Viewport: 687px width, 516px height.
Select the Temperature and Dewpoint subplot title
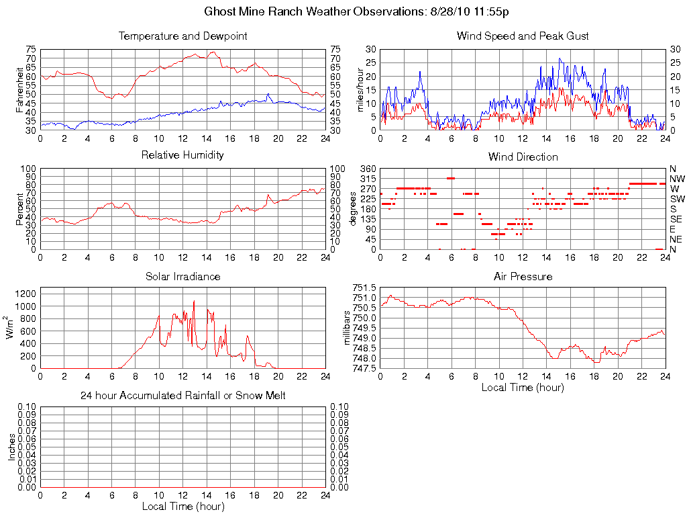[182, 36]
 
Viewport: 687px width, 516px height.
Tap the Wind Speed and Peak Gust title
[523, 36]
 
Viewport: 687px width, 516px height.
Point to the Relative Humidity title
[182, 155]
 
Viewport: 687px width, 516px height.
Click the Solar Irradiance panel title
[182, 276]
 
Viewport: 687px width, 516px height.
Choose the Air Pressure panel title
[523, 276]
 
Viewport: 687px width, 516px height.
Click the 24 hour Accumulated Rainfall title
[182, 396]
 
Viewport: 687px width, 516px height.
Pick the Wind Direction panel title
[523, 157]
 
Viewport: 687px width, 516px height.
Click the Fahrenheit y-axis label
[20, 89]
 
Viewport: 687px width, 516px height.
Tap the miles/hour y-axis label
[360, 89]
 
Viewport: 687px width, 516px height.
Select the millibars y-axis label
[347, 327]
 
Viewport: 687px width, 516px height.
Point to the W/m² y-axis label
[11, 327]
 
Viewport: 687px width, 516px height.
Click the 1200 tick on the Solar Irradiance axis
[26, 294]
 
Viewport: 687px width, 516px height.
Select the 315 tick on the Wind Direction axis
[368, 179]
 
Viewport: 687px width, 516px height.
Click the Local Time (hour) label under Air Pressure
[523, 387]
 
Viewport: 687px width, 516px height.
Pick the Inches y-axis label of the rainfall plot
[11, 447]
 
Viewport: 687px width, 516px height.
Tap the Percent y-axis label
[20, 209]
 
